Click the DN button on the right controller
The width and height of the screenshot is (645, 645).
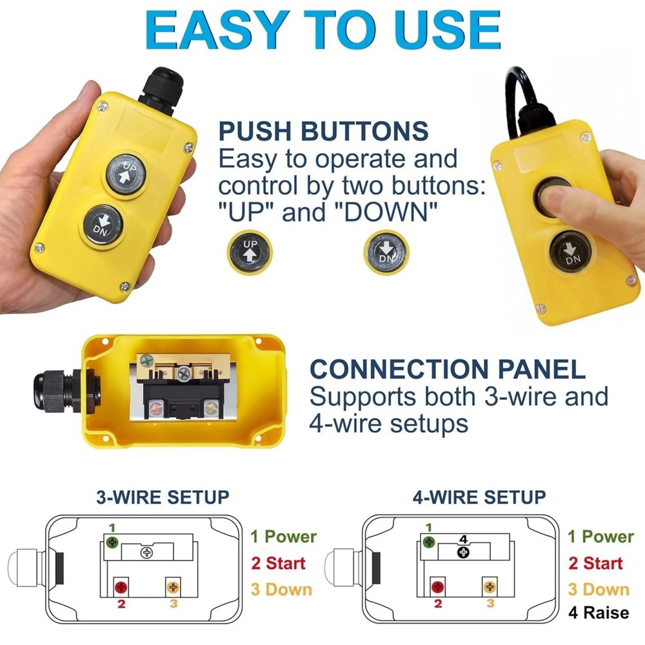571,252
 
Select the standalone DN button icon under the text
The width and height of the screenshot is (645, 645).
386,251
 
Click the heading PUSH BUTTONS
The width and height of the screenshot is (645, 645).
323,131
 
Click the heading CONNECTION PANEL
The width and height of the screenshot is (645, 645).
448,369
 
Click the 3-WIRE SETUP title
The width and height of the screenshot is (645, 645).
162,498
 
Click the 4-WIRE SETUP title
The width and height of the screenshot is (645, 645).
479,498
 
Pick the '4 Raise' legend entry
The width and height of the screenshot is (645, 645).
598,611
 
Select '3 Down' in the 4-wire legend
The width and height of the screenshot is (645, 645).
598,589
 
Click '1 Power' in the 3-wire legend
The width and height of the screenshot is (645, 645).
283,537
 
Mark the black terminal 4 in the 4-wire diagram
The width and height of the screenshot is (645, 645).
464,552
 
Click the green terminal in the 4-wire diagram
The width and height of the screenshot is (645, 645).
430,542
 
